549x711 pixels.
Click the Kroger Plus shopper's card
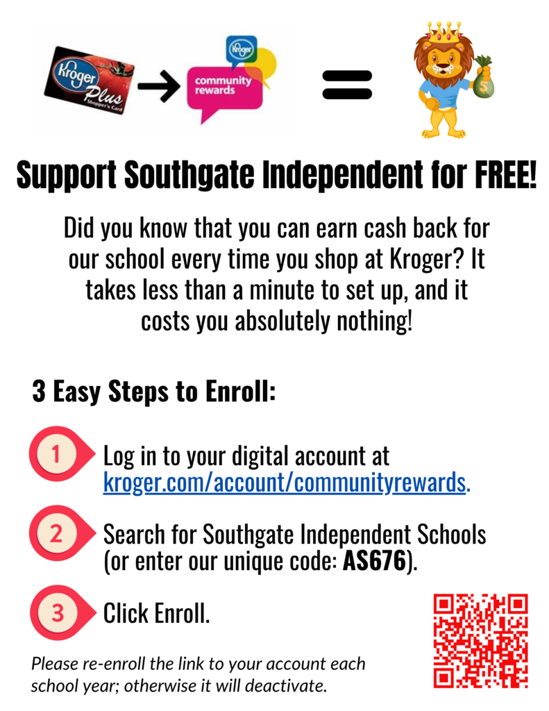click(x=90, y=81)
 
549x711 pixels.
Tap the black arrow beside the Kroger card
click(x=159, y=85)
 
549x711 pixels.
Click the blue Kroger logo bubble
click(x=241, y=51)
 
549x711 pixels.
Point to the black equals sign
click(x=347, y=85)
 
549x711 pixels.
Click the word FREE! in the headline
click(x=505, y=174)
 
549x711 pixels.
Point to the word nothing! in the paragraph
click(x=375, y=321)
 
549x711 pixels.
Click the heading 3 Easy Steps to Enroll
click(x=154, y=392)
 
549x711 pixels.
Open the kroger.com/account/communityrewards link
click(x=287, y=483)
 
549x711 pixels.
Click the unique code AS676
click(x=374, y=561)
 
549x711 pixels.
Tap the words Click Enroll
click(x=156, y=613)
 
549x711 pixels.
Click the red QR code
click(x=480, y=641)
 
